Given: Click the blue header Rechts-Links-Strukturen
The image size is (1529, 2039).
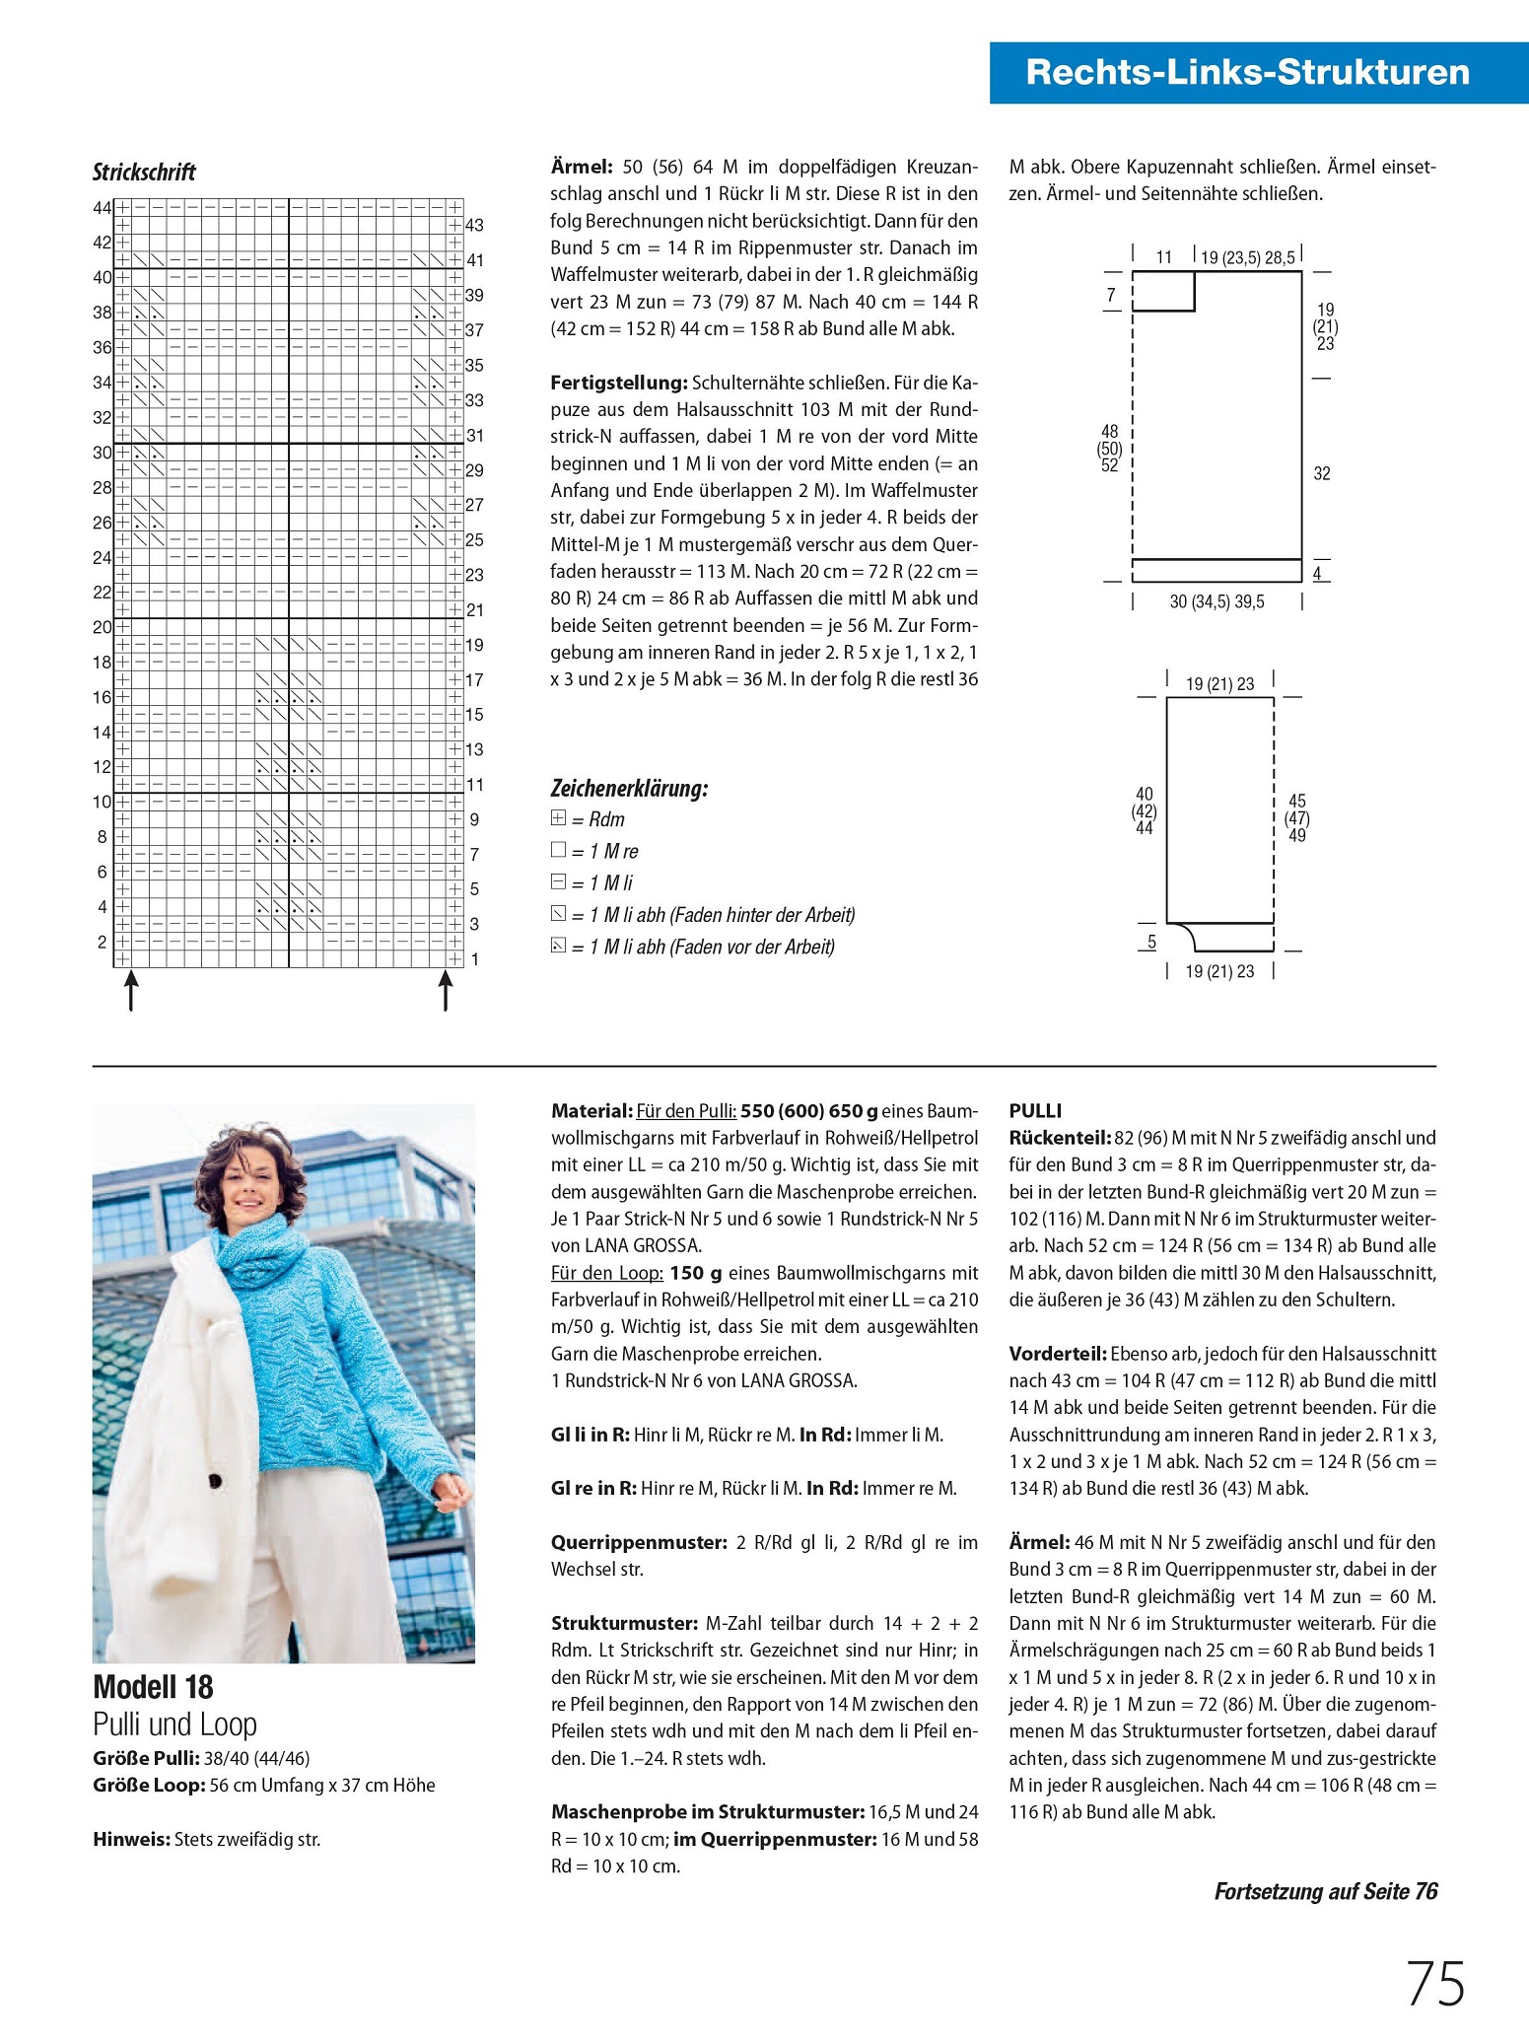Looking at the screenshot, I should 1247,72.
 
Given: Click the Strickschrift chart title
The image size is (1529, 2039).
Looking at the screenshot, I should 144,173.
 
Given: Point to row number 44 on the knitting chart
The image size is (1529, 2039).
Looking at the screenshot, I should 103,207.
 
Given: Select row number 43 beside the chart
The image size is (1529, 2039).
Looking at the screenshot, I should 474,225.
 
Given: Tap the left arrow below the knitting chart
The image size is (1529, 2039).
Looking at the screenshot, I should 130,990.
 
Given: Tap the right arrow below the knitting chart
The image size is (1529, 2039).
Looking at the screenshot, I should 446,990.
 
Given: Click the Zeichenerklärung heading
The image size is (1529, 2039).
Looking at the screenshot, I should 629,788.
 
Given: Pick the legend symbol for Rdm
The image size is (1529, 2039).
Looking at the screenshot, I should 559,818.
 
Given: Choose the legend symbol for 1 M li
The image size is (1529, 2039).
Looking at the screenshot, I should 559,881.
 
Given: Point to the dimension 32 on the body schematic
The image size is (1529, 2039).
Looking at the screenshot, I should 1322,473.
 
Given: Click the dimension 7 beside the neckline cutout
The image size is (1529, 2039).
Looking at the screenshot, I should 1111,294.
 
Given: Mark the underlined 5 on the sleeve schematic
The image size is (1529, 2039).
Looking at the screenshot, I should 1150,942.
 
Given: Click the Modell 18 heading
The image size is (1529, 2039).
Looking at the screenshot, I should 153,1687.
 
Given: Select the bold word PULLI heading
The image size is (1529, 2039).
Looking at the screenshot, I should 1035,1110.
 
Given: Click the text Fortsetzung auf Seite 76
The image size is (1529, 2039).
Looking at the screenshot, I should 1325,1891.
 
